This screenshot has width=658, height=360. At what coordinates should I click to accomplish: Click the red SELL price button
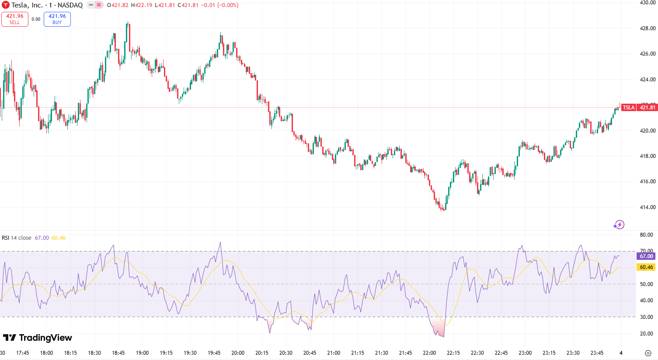15,19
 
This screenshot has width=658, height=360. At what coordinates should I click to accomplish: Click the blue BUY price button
57,19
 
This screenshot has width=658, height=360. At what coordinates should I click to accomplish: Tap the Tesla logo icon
6,5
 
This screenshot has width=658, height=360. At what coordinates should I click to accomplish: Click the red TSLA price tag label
629,108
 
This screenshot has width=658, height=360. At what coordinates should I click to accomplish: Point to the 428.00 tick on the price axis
648,28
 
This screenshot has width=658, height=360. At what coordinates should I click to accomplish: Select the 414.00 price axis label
648,207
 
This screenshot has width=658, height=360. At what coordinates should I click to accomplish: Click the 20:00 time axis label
238,353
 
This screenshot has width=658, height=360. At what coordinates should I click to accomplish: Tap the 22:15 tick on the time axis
453,353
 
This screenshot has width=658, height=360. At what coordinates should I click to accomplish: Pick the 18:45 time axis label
118,353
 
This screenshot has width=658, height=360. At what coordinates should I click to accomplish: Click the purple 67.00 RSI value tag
646,256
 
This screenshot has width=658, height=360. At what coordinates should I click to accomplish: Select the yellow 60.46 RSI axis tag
646,267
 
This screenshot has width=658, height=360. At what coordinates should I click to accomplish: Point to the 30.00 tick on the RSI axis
646,317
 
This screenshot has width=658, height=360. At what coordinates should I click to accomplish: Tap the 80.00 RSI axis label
646,235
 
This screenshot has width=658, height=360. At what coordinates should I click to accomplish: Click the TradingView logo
38,338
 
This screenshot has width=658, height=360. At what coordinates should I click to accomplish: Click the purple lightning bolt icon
619,225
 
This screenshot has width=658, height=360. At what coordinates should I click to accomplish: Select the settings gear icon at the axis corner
648,353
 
